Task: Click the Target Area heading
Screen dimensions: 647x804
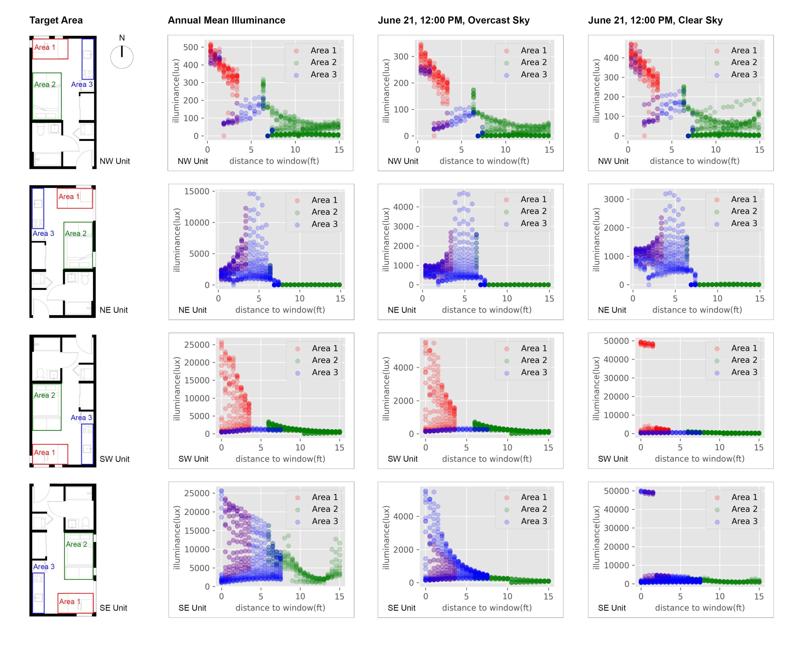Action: (x=56, y=20)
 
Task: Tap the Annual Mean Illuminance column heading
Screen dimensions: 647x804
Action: (x=226, y=20)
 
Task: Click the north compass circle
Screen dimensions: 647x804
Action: (x=122, y=57)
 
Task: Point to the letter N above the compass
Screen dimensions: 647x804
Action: (x=122, y=38)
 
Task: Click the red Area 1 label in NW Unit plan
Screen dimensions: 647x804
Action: (x=45, y=47)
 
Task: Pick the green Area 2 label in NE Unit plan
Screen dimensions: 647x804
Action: (x=76, y=233)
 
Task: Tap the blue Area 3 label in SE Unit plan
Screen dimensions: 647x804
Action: (x=44, y=567)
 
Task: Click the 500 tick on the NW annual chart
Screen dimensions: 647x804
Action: (x=191, y=47)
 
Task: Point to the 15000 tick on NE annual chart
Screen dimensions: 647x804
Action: (x=197, y=191)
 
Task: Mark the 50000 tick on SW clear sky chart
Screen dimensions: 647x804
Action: (x=616, y=341)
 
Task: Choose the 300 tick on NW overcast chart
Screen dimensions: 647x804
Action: (x=401, y=57)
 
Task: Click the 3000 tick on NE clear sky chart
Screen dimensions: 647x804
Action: (x=613, y=199)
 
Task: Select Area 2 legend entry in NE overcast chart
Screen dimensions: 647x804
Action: (x=533, y=211)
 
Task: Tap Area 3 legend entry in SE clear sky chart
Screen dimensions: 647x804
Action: (x=744, y=521)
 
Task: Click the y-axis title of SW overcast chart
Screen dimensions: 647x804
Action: (x=386, y=389)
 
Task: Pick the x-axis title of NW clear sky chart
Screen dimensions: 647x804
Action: (x=694, y=161)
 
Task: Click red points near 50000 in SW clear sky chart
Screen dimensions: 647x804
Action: (x=647, y=344)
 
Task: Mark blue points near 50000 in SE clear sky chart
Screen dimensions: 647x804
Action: (x=647, y=492)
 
